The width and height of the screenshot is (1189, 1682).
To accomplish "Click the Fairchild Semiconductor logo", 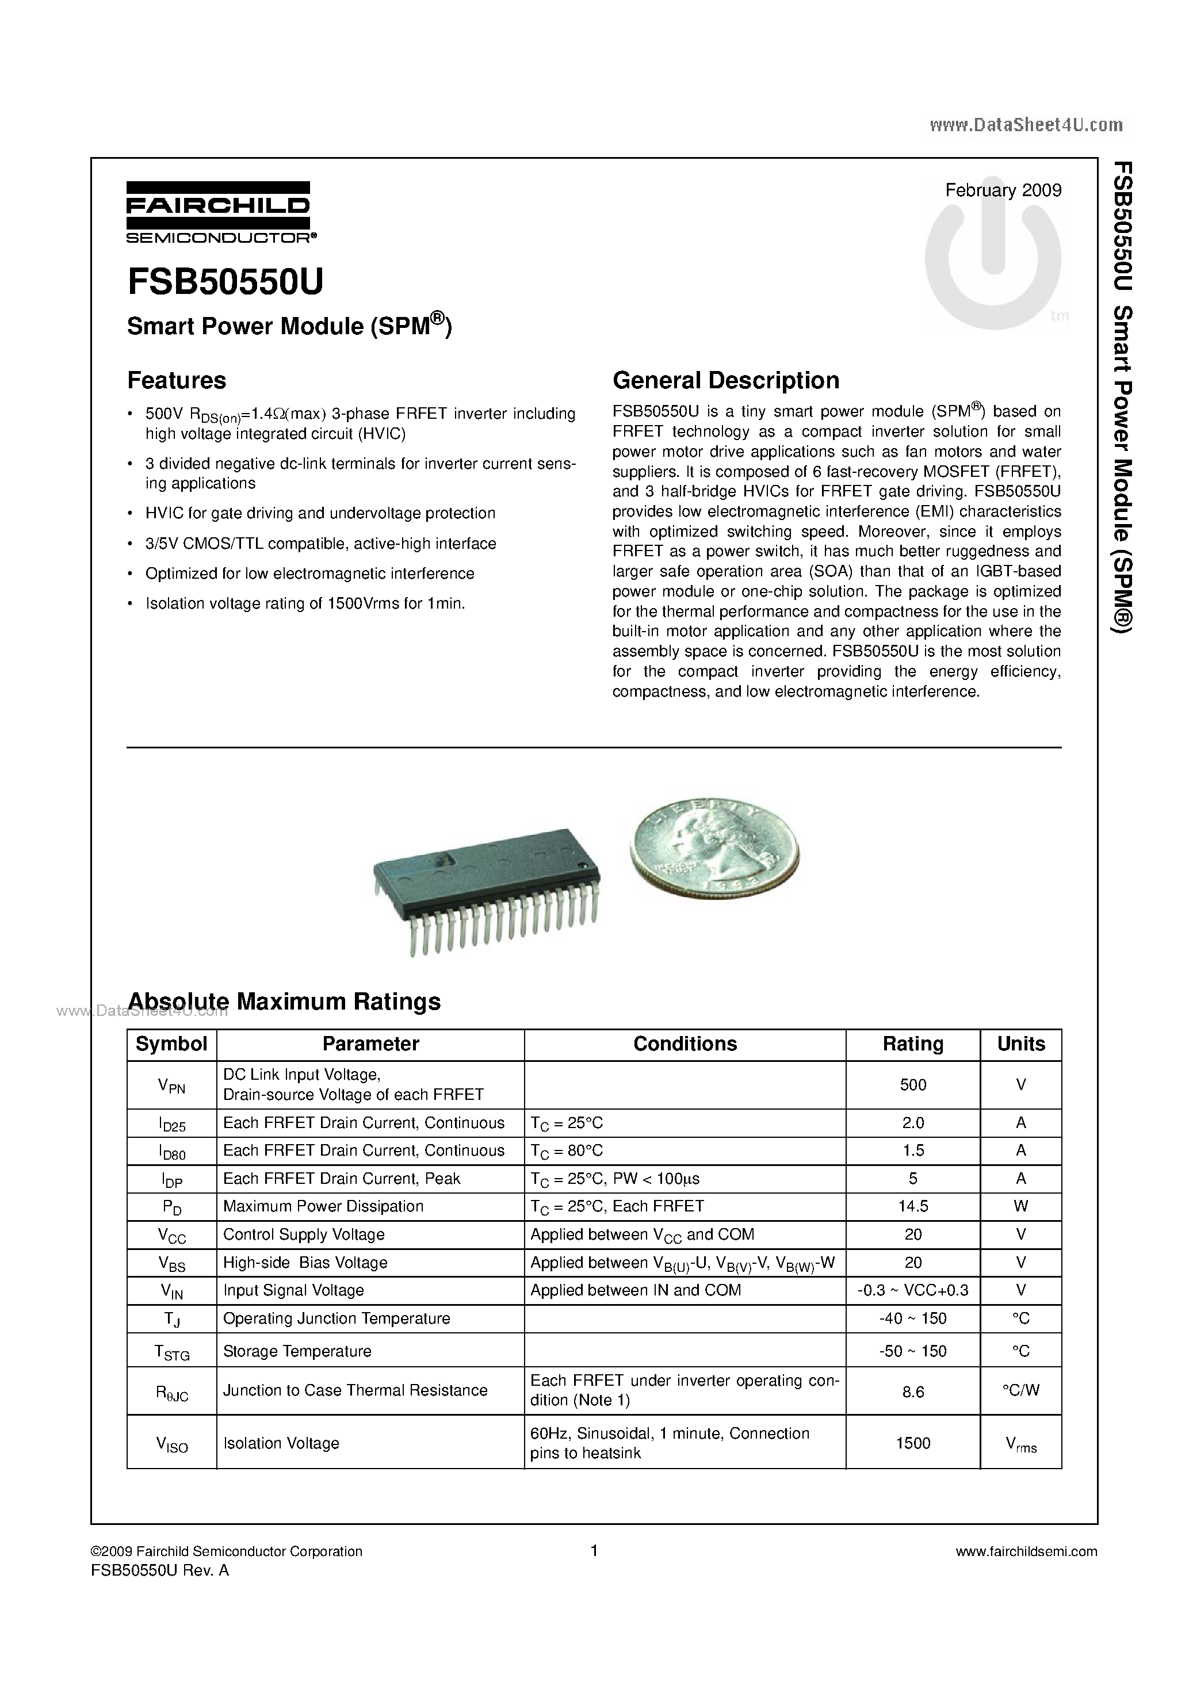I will point(219,212).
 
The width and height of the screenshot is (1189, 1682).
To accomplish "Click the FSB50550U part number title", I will point(225,282).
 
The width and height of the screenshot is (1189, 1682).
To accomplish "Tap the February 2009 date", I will point(1003,190).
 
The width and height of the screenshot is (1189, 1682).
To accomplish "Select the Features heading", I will point(177,380).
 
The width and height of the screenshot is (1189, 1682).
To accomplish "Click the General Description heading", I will point(725,380).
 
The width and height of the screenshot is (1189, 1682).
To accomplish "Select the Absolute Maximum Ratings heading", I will point(284,1001).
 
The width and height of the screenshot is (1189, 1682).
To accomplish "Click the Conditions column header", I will point(685,1044).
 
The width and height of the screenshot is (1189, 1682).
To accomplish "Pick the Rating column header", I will point(913,1044).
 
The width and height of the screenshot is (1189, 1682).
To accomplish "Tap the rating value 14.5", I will point(913,1206).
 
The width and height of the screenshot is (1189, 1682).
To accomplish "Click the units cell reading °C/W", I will point(1020,1391).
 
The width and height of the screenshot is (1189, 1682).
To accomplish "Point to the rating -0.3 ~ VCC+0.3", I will point(913,1290).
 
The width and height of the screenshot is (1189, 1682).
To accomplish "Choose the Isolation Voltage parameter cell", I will point(281,1443).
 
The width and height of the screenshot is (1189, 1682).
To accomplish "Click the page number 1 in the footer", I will point(594,1551).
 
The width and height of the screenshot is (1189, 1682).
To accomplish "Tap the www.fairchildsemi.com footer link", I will point(1026,1551).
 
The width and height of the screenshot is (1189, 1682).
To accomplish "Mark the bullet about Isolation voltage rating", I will point(305,603).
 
